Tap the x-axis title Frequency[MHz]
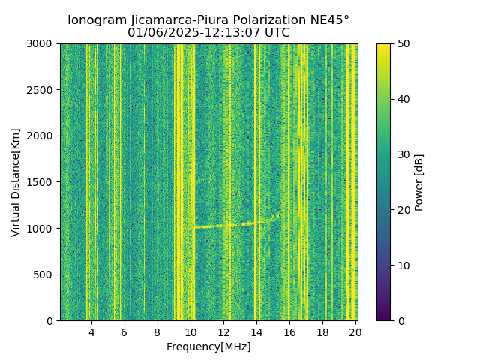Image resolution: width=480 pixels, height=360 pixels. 208,346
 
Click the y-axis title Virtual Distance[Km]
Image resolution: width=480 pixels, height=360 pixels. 16,182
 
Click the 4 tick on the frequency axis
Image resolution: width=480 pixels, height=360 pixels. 91,331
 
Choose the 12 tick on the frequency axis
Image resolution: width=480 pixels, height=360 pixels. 223,331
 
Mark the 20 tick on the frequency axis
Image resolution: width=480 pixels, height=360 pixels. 355,331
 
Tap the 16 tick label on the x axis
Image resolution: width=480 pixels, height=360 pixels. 289,331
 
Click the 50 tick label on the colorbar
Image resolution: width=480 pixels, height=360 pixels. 403,43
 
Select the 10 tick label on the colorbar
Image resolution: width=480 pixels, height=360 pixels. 403,265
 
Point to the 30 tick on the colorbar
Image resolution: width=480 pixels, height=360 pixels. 403,154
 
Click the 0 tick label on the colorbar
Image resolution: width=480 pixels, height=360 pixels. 400,321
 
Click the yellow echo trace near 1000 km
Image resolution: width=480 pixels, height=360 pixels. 225,225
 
